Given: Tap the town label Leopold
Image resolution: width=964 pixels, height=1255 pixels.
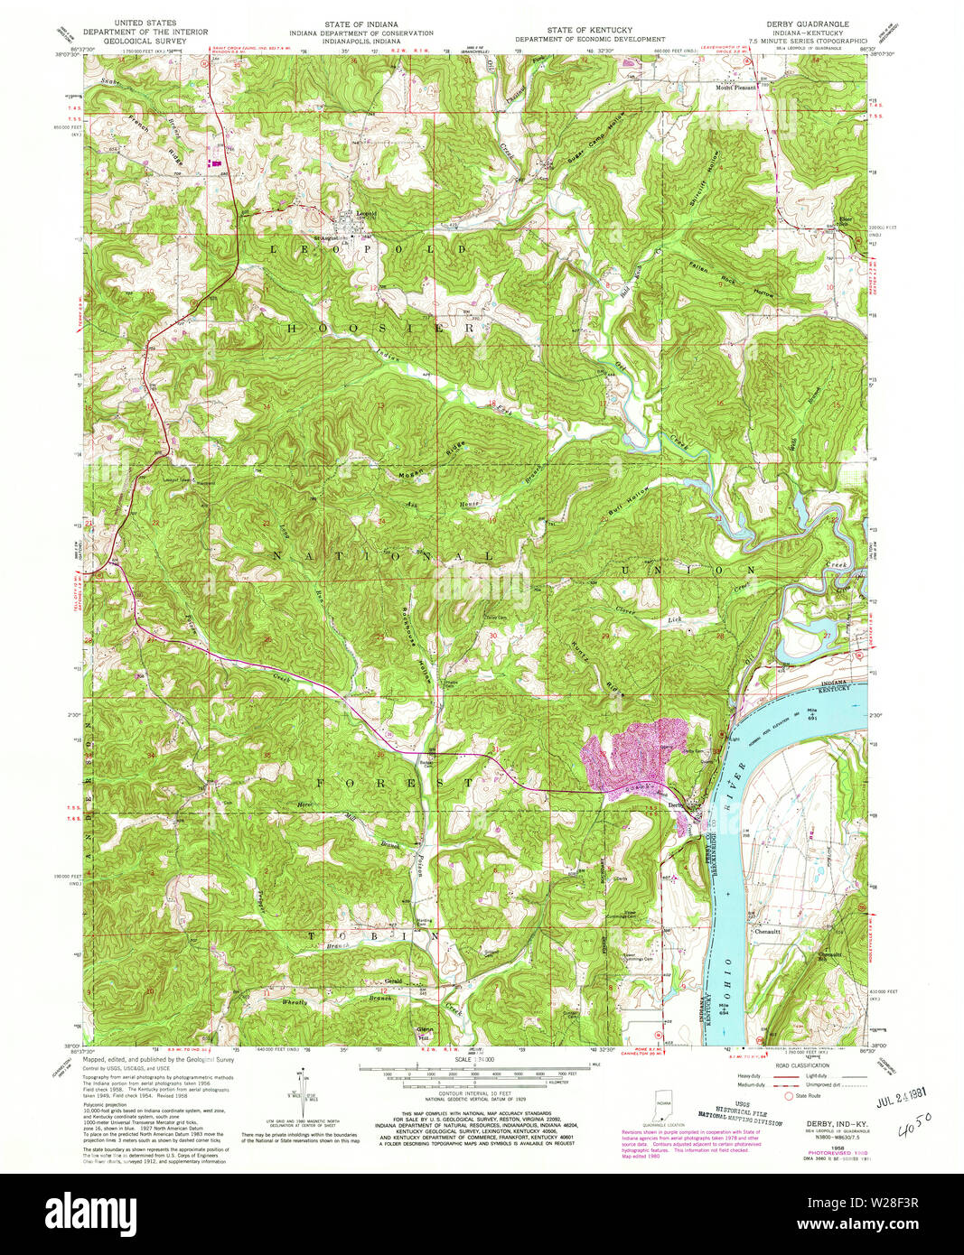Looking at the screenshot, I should click(366, 214).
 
